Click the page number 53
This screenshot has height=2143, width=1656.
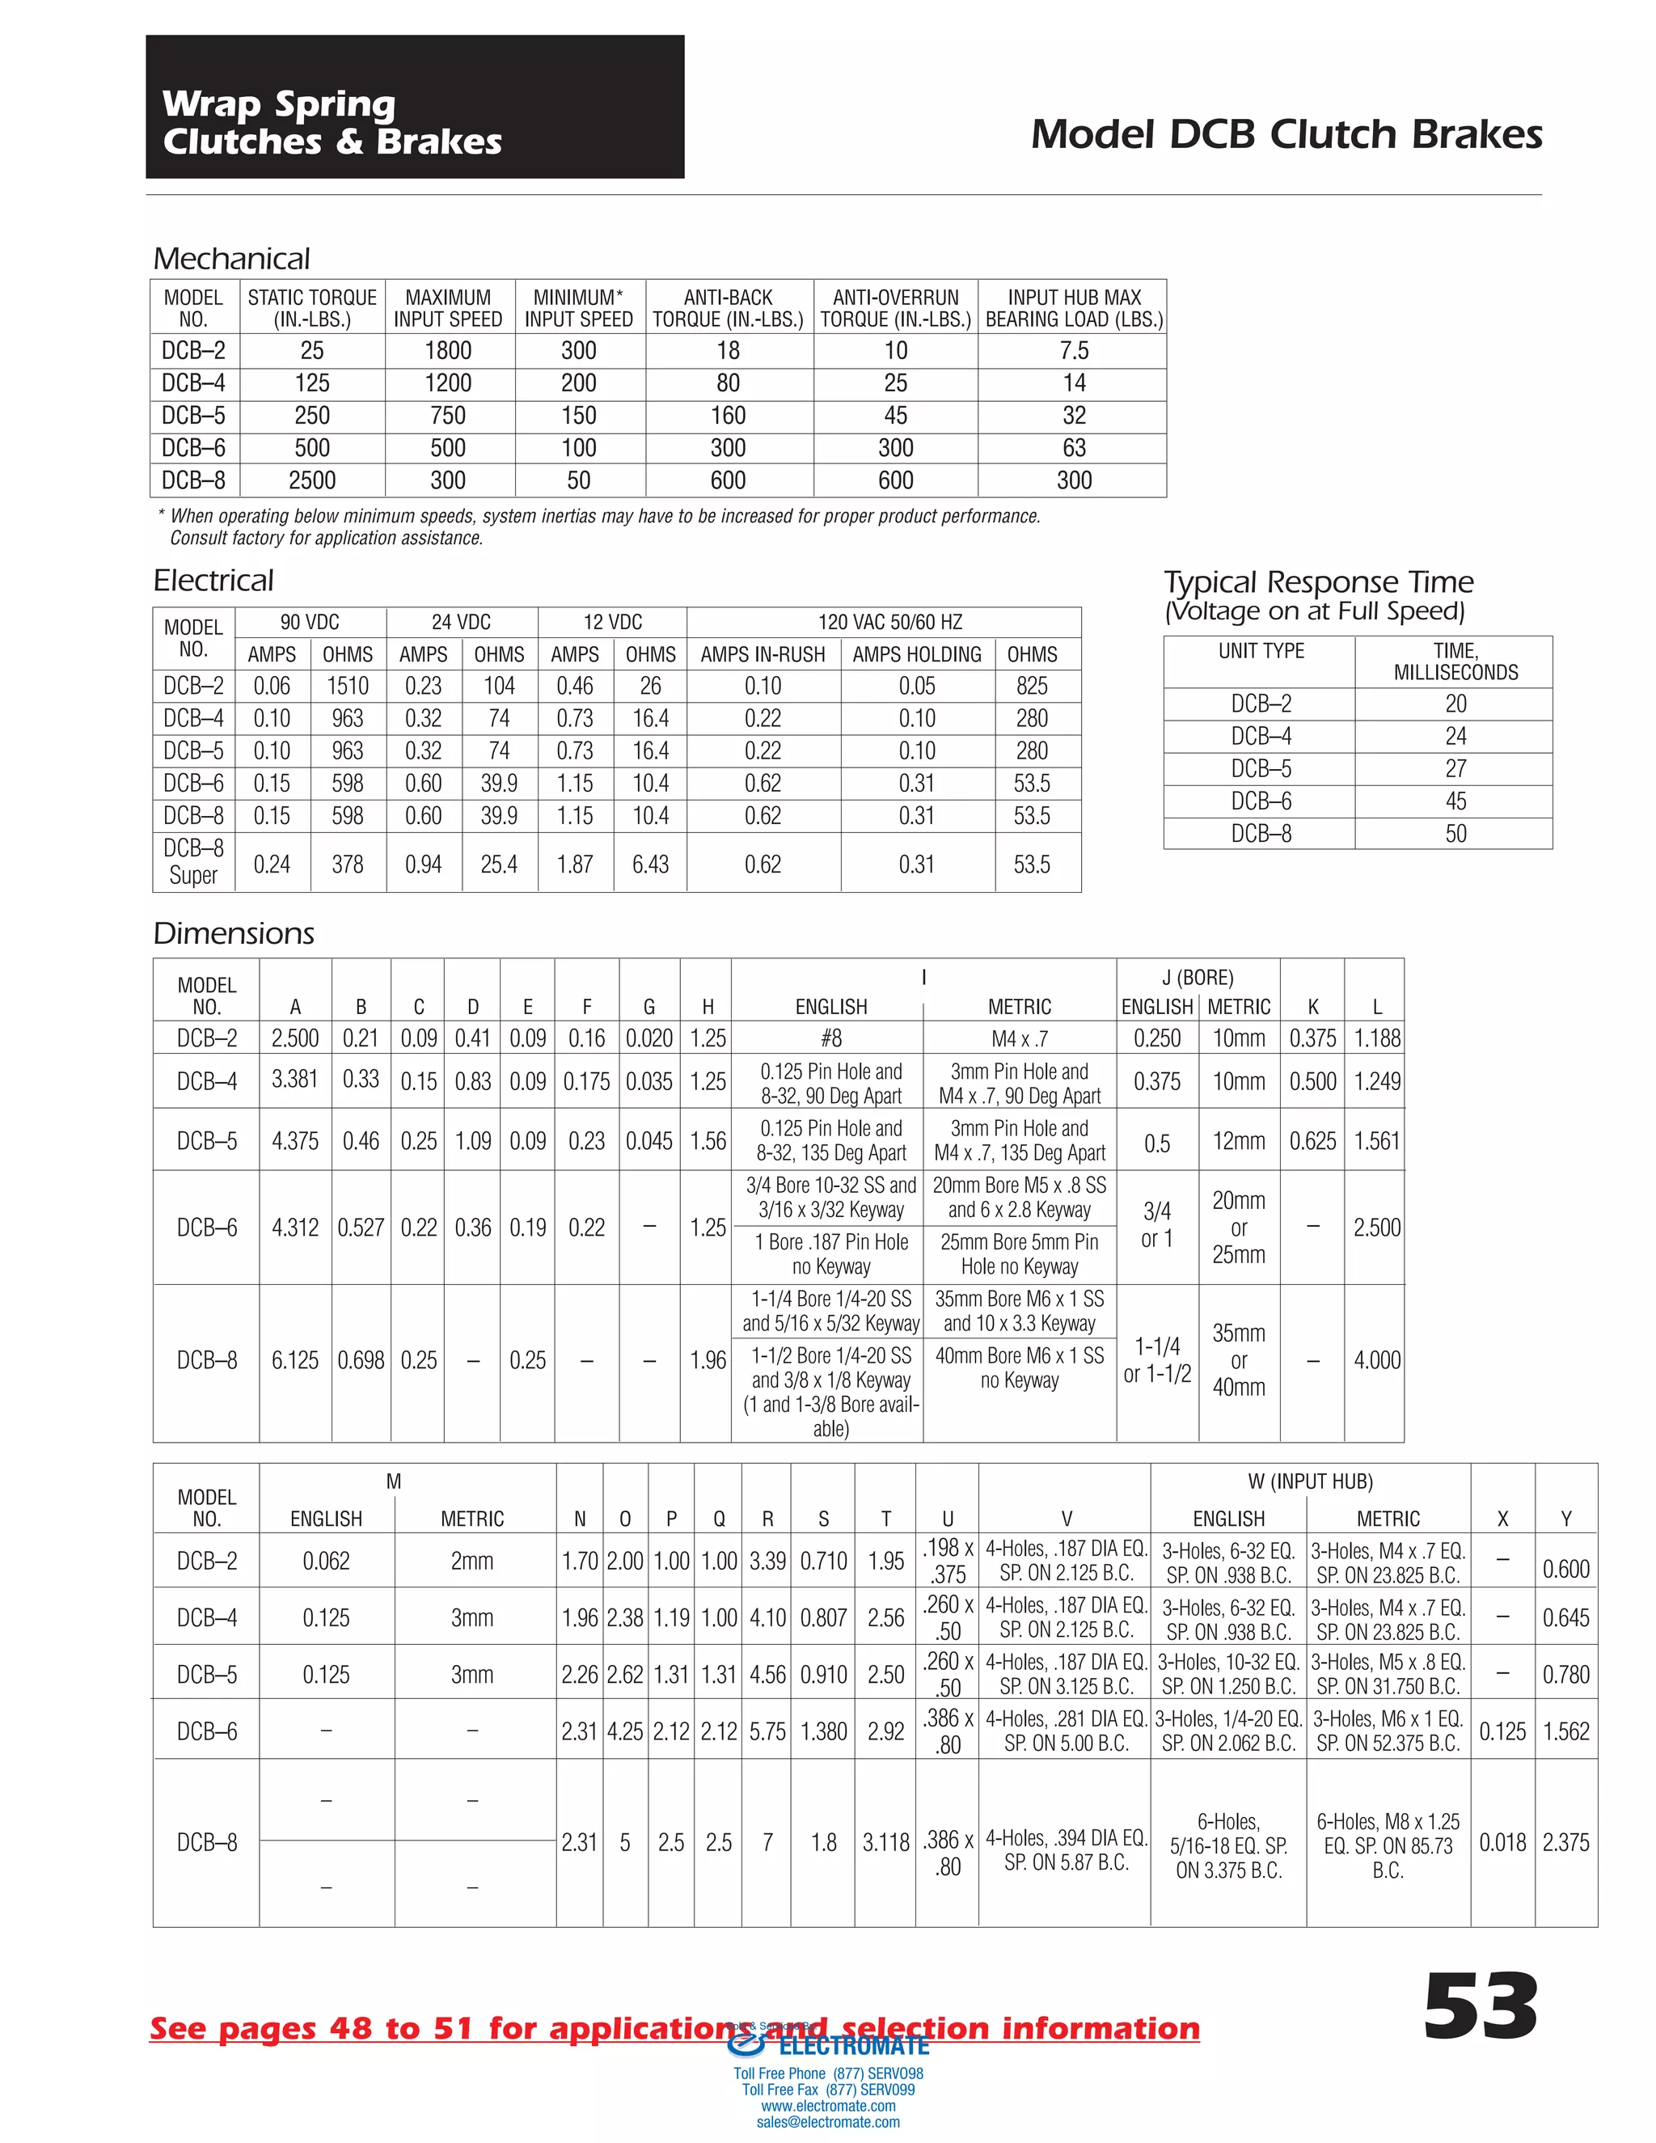pos(1480,2009)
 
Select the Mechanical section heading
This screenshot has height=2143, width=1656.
pos(231,259)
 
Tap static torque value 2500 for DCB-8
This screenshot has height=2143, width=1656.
pos(312,481)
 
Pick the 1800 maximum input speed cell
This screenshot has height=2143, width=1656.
pos(448,351)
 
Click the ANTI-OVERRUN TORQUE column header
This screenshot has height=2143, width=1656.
pos(895,308)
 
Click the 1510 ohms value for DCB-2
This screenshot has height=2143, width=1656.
pos(347,686)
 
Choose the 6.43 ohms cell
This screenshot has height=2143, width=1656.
pos(649,864)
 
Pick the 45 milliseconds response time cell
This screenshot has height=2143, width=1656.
pos(1455,801)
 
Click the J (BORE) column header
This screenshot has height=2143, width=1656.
pos(1197,978)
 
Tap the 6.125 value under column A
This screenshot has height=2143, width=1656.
pos(295,1360)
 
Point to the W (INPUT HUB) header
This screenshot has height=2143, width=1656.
pos(1310,1482)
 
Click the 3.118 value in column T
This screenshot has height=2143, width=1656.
pos(886,1843)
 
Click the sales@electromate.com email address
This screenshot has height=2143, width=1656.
pos(828,2123)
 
